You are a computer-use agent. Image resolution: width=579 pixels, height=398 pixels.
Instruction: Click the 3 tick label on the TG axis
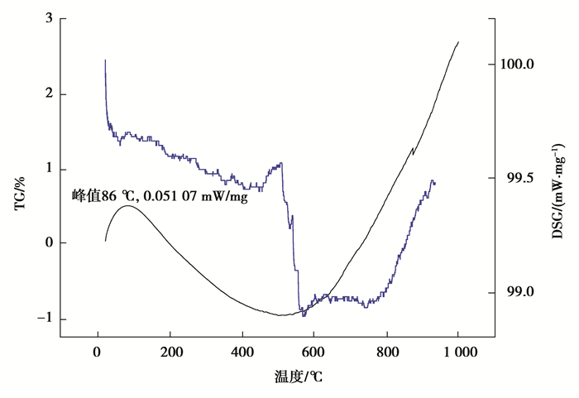pyautogui.click(x=49, y=18)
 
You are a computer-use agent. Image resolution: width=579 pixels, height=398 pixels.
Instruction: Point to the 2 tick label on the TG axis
pyautogui.click(x=49, y=94)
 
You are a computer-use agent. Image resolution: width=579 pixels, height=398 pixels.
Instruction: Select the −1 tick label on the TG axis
pyautogui.click(x=45, y=319)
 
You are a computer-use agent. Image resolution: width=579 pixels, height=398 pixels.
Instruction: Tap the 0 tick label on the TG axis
pyautogui.click(x=49, y=244)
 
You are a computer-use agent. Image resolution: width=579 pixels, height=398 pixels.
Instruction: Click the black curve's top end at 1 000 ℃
pyautogui.click(x=458, y=41)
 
